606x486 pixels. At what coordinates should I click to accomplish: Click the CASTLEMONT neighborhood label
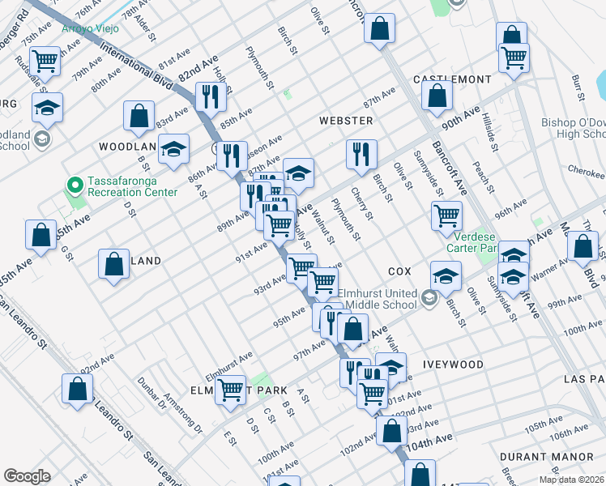[x=452, y=79]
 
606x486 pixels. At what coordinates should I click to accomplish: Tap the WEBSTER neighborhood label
[x=346, y=121]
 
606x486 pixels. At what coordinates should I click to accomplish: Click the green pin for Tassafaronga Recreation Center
[x=75, y=185]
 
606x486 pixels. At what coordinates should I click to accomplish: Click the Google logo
[x=27, y=476]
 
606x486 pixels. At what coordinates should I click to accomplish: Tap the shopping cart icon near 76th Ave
[x=46, y=61]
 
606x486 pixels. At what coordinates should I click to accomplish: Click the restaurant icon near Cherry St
[x=361, y=154]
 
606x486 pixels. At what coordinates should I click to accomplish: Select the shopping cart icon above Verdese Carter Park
[x=446, y=216]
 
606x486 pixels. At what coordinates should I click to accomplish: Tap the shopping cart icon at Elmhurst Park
[x=231, y=390]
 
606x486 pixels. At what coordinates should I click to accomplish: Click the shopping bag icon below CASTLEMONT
[x=437, y=96]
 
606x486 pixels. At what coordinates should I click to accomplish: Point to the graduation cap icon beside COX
[x=446, y=276]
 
